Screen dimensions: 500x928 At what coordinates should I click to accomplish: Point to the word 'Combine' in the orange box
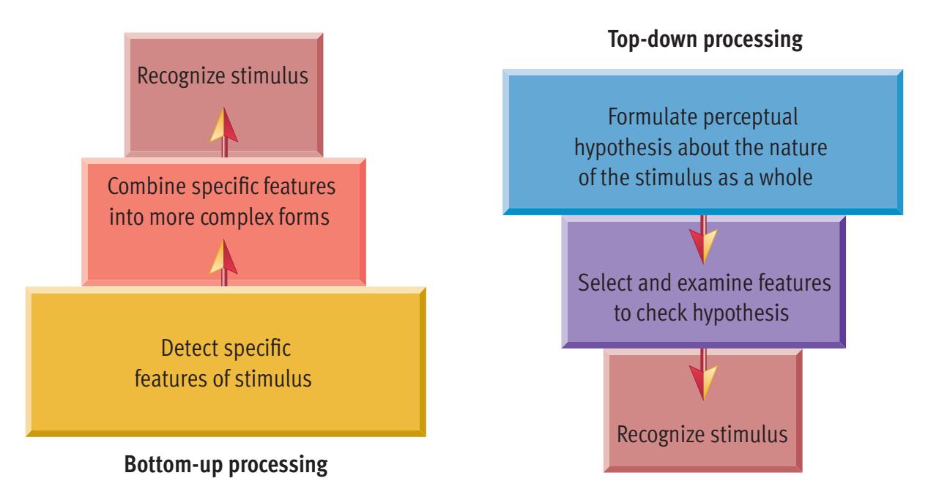(x=139, y=188)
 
